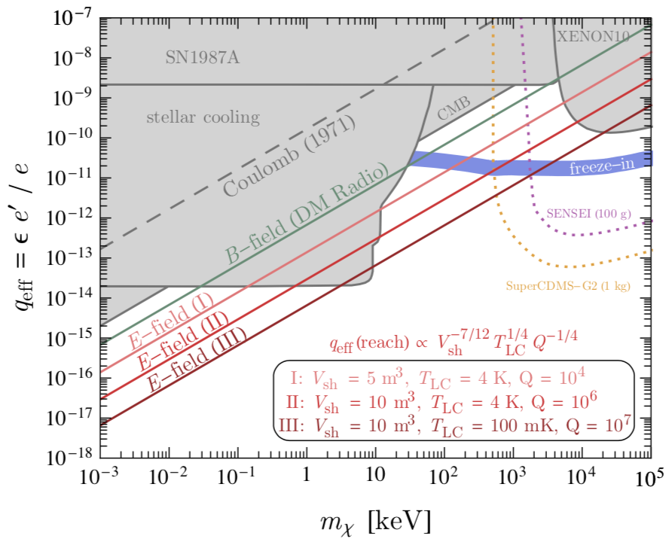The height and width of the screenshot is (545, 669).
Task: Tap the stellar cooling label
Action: click(x=203, y=117)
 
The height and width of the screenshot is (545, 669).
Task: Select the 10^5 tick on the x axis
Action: click(x=652, y=477)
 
